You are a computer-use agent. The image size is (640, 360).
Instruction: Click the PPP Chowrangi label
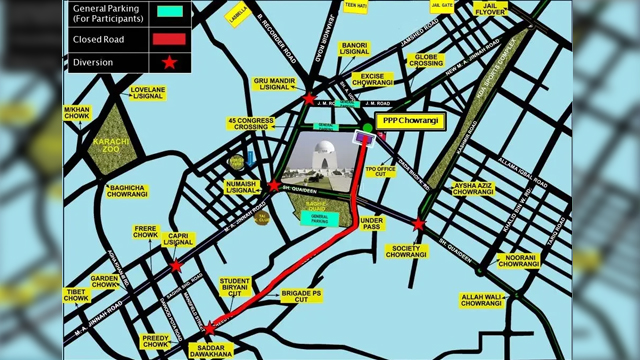[412, 120]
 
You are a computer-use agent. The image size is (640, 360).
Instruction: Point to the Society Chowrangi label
[407, 251]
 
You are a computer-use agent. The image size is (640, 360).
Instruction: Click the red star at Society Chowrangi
[419, 226]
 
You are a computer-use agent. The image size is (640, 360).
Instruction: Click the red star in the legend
[170, 62]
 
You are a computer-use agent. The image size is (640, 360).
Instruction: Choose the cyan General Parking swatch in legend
[171, 12]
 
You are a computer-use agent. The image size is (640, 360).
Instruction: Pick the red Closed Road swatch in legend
[171, 39]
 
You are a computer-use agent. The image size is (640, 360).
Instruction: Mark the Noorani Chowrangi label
[518, 261]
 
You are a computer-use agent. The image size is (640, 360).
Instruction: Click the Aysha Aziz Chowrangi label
[474, 189]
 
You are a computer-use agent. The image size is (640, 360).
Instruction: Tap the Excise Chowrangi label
[372, 79]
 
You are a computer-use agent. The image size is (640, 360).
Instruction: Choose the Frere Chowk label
[146, 233]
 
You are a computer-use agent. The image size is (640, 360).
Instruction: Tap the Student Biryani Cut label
[235, 287]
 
